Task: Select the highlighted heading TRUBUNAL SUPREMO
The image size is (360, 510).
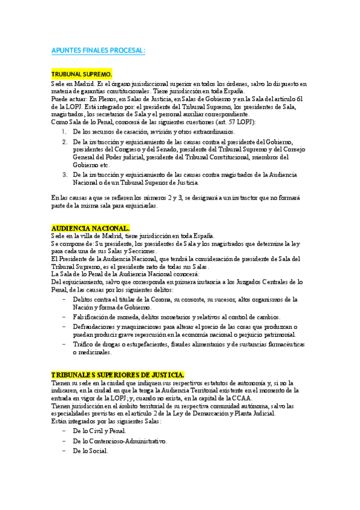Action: coord(82,74)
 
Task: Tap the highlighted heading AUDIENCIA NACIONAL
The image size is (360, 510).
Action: coord(90,229)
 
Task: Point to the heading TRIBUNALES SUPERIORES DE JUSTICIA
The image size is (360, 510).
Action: coord(118,375)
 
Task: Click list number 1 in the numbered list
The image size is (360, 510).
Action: coord(66,131)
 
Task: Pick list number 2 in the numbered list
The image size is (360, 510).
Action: coord(66,141)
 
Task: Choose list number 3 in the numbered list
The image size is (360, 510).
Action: coord(66,174)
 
